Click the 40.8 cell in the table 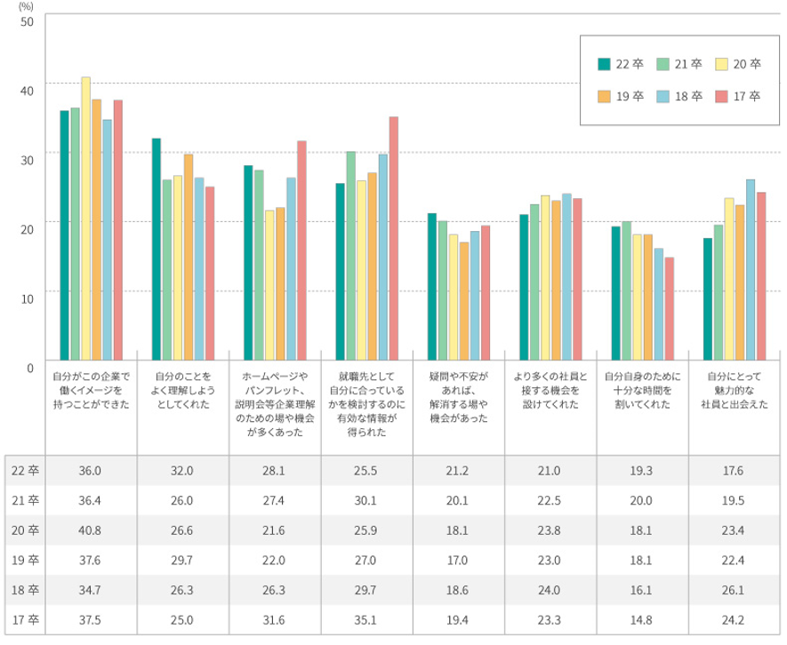point(92,530)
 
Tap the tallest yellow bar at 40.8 point(85,218)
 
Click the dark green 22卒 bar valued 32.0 point(157,248)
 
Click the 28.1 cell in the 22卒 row point(274,470)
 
